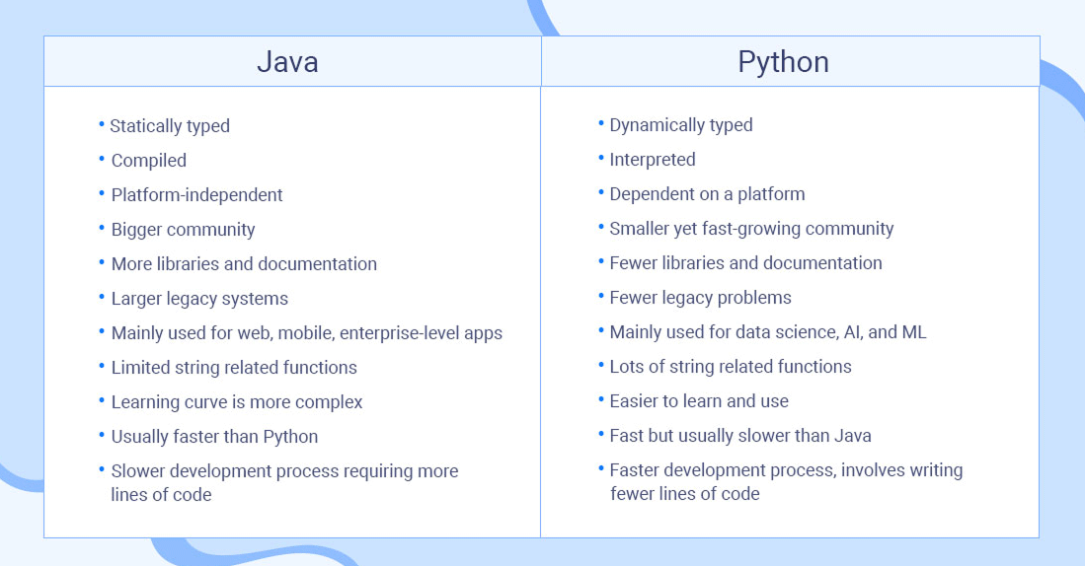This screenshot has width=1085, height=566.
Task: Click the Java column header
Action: pos(287,62)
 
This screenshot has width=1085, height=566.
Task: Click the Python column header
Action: pos(783,62)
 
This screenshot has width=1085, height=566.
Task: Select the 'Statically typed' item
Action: pos(170,126)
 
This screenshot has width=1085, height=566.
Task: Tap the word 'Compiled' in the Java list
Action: pos(148,161)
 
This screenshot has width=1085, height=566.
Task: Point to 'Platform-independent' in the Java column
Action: pos(196,195)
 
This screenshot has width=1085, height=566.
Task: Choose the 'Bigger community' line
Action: pos(183,230)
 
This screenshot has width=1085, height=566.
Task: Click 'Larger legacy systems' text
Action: pos(199,299)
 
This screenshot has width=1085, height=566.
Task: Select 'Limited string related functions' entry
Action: pos(234,368)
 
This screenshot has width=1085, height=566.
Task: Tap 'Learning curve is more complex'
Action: pos(237,402)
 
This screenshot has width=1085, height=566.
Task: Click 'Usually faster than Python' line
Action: pos(214,437)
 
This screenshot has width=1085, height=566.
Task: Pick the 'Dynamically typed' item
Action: pos(681,125)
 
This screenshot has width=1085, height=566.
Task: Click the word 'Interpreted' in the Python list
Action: pos(653,160)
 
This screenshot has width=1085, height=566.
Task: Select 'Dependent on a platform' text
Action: pos(707,194)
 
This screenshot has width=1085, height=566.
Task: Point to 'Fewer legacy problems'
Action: pos(700,298)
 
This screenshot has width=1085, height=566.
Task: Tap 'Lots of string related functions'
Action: pos(731,367)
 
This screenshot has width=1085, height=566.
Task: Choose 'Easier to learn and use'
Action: pos(699,401)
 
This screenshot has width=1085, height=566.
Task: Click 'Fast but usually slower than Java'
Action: pos(740,436)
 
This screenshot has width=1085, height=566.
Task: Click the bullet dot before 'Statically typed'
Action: pos(101,124)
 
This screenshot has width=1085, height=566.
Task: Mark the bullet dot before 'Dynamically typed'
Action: pos(601,123)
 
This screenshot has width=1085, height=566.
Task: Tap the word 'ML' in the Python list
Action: pos(914,332)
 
